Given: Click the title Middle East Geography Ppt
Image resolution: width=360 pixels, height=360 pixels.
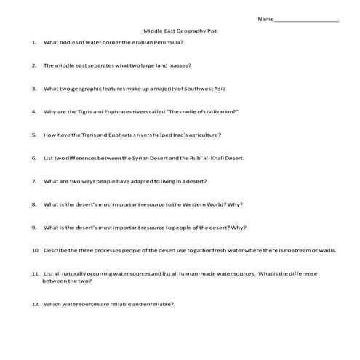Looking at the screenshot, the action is tap(180, 33).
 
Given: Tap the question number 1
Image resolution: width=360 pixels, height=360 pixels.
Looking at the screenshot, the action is tap(34, 43).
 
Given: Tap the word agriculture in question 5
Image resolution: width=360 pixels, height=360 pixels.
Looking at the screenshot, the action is tap(203, 135).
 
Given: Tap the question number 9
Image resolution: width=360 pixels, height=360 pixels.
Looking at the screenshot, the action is tap(34, 227).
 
